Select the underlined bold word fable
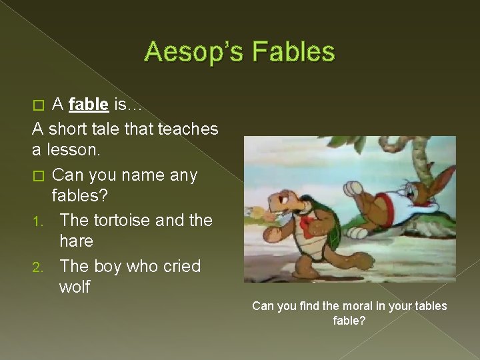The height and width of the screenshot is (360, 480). (88, 104)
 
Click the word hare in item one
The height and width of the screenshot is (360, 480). (76, 241)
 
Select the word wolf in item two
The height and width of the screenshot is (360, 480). (75, 287)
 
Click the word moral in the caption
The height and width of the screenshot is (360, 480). (359, 306)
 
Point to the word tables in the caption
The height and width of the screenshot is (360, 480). (431, 306)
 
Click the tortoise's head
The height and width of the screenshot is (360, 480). (283, 199)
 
